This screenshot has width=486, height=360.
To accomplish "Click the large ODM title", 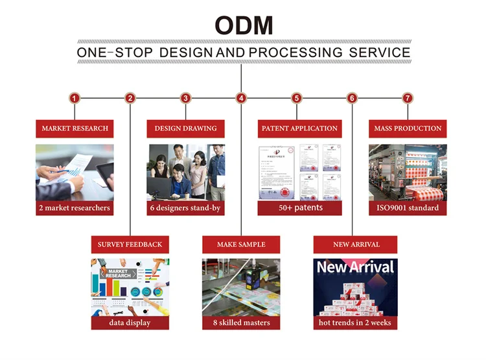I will point(244,25).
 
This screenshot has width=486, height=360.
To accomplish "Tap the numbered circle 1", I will point(75,99).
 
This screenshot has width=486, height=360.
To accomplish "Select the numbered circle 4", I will point(241,99).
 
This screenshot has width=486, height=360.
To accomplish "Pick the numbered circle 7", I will point(408,99).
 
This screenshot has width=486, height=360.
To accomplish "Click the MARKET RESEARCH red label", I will point(75,128).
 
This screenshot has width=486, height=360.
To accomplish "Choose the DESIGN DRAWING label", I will point(185,128).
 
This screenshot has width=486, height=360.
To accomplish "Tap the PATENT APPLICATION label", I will point(299,128).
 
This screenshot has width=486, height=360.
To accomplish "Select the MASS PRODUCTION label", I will point(408,128).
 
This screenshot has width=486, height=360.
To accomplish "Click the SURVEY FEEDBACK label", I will point(130,245).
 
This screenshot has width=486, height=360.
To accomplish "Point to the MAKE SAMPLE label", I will point(242,245).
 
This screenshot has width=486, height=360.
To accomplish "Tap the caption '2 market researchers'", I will point(75,208).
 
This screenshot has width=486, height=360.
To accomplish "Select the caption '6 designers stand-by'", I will point(186,208).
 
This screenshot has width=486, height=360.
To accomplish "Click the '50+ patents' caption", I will point(299,208).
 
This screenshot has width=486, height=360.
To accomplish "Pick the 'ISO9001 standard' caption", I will point(408,208).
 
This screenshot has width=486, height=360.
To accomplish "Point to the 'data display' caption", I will point(130,322).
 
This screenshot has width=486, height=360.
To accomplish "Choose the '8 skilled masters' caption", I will point(242,322).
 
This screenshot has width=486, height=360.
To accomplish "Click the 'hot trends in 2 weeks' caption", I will point(355,322).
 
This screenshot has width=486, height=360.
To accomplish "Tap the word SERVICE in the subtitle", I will point(379,53).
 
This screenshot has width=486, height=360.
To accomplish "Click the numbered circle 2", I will point(130,99).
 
